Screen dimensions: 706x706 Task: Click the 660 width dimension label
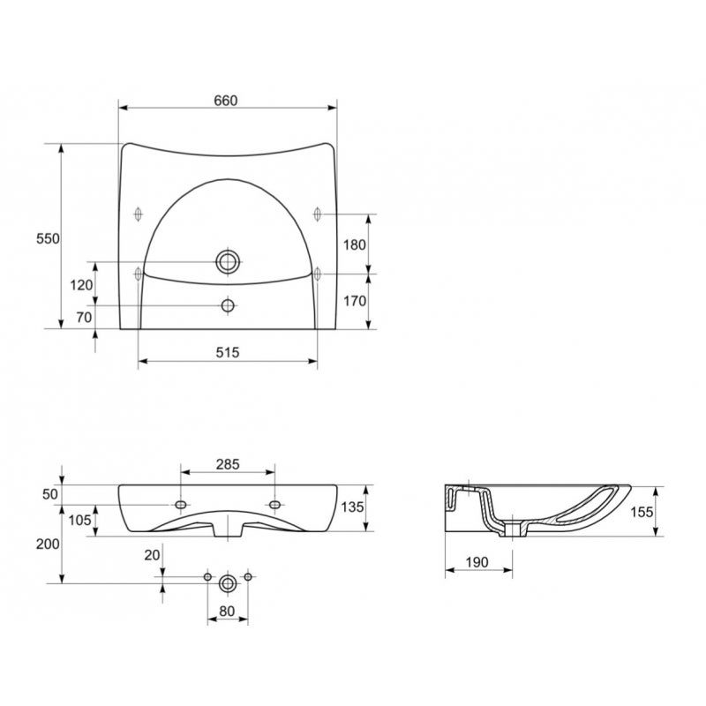227,101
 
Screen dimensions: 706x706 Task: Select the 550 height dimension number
48,238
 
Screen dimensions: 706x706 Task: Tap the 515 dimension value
228,351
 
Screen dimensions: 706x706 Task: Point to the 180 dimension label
353,244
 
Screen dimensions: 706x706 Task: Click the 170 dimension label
353,301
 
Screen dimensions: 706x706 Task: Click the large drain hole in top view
228,261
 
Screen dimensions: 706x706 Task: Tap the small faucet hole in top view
228,305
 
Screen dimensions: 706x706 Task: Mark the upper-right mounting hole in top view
318,214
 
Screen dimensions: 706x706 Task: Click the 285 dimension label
228,464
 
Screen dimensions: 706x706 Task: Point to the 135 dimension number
353,507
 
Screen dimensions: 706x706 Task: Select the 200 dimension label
48,544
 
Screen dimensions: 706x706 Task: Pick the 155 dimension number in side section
642,511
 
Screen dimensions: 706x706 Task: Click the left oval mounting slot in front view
181,504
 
